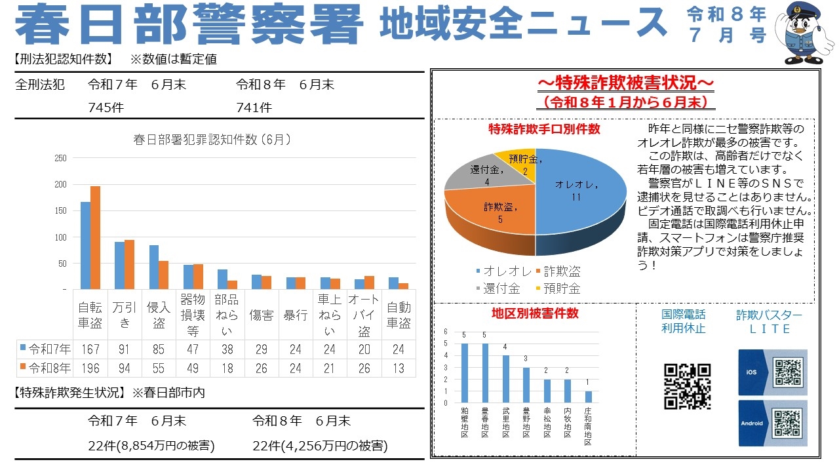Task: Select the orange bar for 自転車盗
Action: tap(95, 237)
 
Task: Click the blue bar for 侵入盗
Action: tap(153, 267)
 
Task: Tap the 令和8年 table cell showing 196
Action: tap(90, 368)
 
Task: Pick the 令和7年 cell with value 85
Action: tap(159, 349)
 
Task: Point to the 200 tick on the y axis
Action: tap(60, 184)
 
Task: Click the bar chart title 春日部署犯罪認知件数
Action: tap(212, 140)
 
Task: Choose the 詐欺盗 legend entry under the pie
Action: tap(558, 271)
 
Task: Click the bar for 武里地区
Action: tap(505, 379)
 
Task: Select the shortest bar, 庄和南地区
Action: tap(589, 397)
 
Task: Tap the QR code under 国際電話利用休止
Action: tap(688, 386)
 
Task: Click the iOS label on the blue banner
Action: tap(751, 372)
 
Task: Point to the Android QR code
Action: tap(787, 423)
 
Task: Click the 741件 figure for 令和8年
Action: tap(254, 108)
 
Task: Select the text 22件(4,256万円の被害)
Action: tap(321, 446)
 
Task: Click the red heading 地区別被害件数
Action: tap(536, 313)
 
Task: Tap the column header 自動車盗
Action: tap(399, 315)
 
